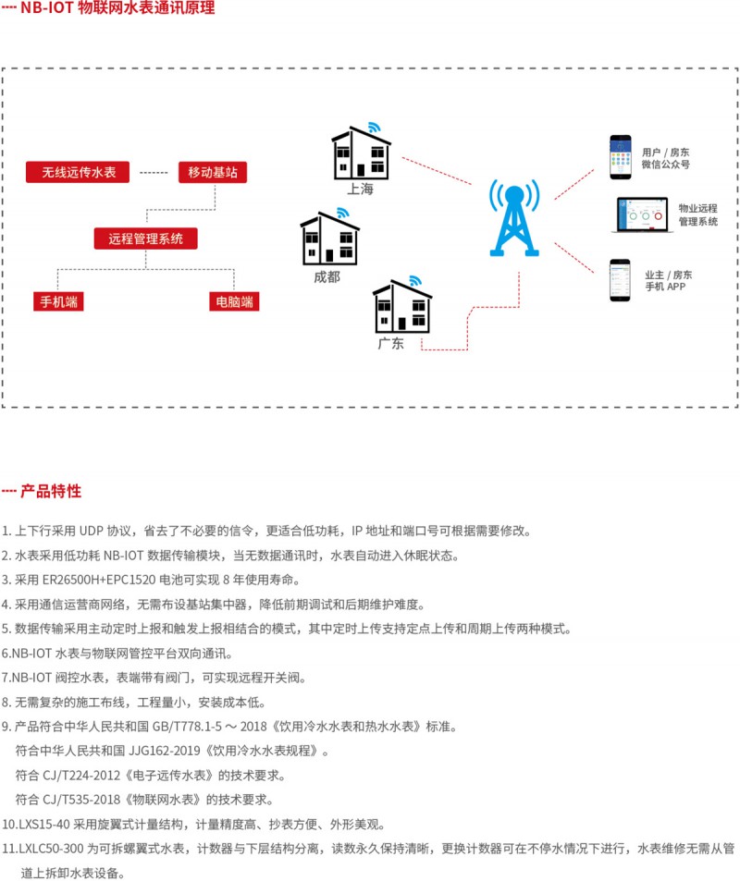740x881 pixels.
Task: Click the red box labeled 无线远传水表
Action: click(79, 173)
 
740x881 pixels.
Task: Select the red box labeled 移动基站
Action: click(212, 173)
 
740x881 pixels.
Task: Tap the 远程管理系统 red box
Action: click(145, 239)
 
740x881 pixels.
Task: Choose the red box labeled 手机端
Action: click(57, 301)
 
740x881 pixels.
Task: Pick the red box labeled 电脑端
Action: click(233, 301)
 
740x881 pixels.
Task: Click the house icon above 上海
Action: click(361, 153)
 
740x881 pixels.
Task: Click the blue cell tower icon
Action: click(515, 218)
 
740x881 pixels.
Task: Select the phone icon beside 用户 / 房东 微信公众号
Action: click(619, 158)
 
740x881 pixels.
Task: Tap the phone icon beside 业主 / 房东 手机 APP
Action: click(619, 280)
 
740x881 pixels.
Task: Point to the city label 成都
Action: click(327, 276)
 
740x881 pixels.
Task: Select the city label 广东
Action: click(390, 344)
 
